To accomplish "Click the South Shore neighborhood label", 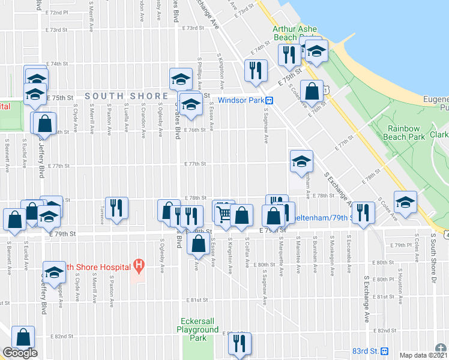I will click(x=126, y=96).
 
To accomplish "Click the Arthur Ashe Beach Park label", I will click(x=294, y=32).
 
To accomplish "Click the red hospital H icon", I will click(x=139, y=263).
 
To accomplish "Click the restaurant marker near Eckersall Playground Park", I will click(x=240, y=343).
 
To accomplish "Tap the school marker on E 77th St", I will click(x=301, y=161).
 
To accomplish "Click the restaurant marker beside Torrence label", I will click(x=116, y=208).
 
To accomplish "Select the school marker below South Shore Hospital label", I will click(x=55, y=272).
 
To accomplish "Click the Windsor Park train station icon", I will click(x=270, y=100).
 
